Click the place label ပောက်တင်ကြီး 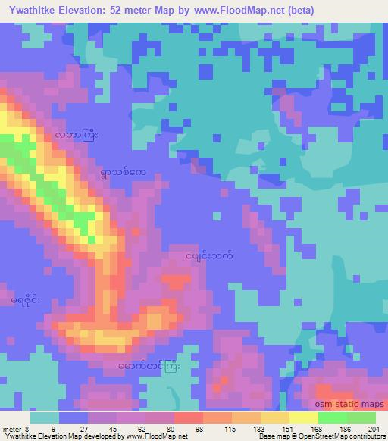pos(149,366)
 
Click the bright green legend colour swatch pos(332,418)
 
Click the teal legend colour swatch pos(45,418)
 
